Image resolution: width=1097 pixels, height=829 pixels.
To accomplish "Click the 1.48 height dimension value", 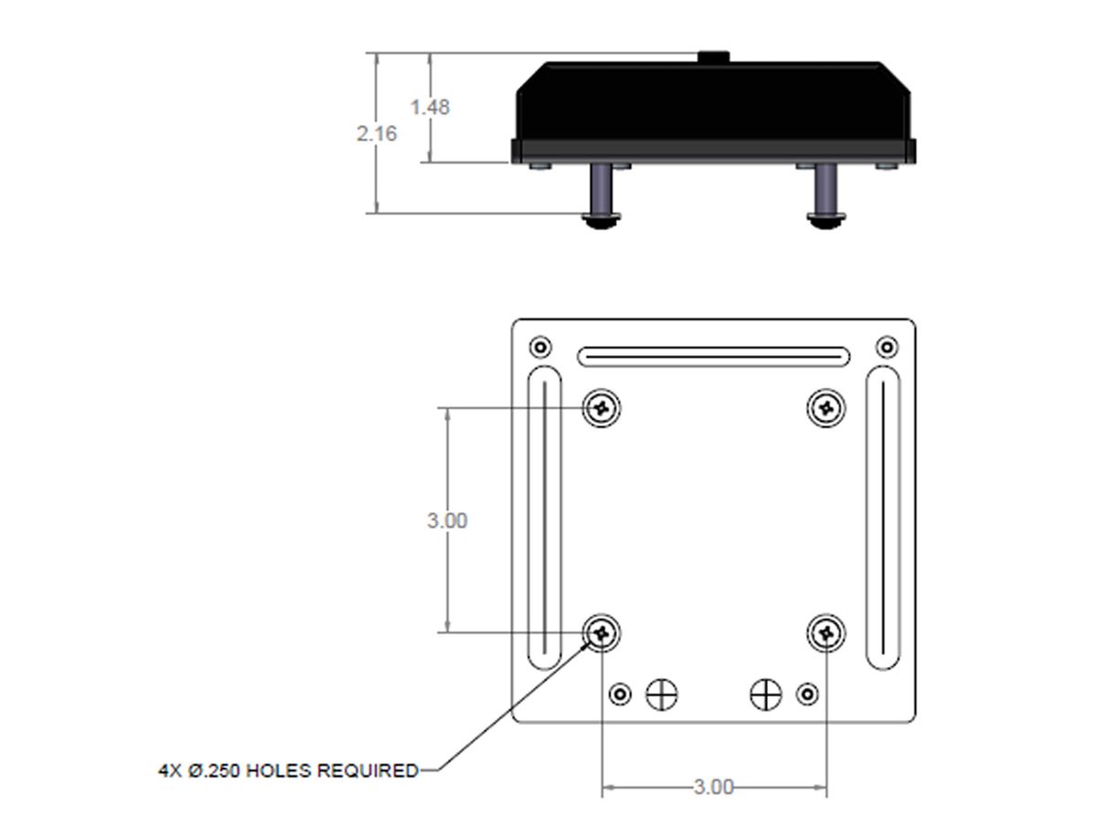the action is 430,107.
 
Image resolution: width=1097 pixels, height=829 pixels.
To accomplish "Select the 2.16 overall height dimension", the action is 377,134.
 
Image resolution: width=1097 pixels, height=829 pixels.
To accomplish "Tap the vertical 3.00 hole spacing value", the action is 447,521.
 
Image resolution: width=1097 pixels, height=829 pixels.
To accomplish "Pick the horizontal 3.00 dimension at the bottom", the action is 713,787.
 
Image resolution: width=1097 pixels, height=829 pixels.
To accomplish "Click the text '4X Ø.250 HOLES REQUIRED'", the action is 288,770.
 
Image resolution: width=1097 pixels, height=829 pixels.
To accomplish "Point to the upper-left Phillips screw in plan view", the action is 602,408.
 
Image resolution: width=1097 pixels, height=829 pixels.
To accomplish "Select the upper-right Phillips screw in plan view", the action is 825,408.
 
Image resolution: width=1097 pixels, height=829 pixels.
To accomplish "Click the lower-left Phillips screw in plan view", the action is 602,633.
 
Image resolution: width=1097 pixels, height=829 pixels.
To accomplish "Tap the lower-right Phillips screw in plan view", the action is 825,633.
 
